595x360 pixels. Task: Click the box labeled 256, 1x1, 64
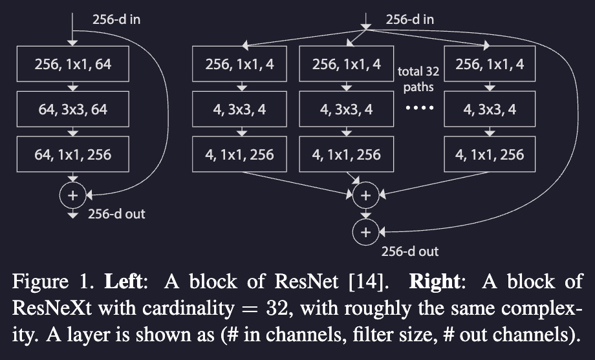tap(73, 65)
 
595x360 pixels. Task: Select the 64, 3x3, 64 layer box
tap(73, 110)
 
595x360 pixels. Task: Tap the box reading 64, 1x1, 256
tap(73, 154)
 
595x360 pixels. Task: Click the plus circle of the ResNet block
tap(73, 194)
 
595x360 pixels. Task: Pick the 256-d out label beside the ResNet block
tap(116, 214)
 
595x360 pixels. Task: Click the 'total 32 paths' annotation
tap(418, 78)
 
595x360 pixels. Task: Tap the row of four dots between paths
tap(418, 109)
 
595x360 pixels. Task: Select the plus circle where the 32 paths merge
tap(365, 194)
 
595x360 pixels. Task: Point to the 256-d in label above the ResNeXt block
tap(410, 19)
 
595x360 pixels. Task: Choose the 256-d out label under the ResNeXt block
tap(410, 251)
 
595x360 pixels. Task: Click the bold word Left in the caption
tap(138, 282)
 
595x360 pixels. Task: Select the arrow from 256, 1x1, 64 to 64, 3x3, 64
tap(73, 87)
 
